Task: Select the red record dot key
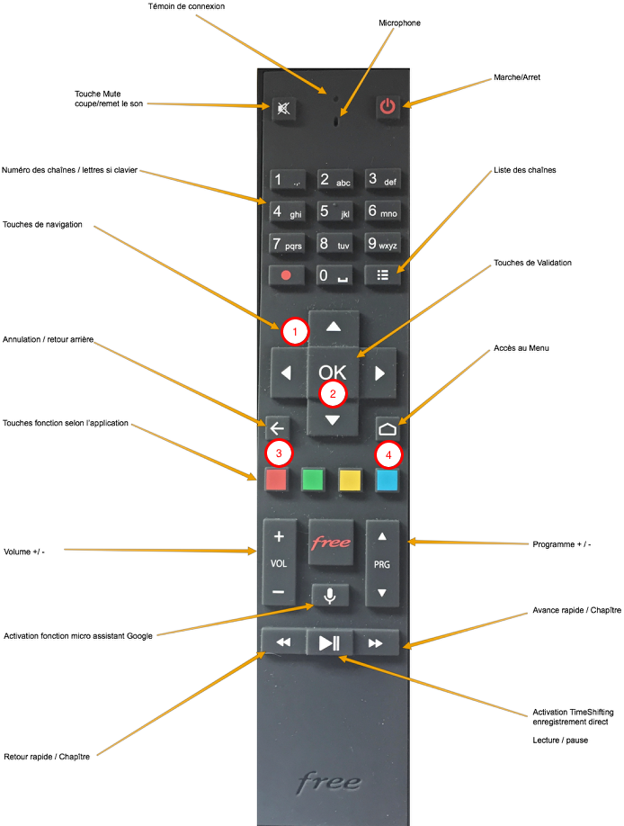coord(285,275)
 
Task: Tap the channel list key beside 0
coord(383,275)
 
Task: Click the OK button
coord(333,371)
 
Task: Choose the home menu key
coord(388,428)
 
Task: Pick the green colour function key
coord(312,480)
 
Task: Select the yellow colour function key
coord(349,480)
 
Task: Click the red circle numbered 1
coord(295,331)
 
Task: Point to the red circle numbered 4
coord(388,455)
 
